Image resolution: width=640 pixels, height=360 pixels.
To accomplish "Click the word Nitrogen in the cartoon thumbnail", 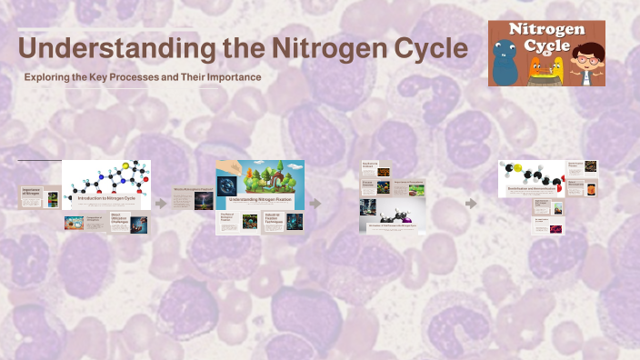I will (x=546, y=31).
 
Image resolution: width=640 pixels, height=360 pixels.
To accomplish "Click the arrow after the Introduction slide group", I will (x=161, y=204).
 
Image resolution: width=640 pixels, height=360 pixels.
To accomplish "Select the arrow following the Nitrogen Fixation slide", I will (x=315, y=204).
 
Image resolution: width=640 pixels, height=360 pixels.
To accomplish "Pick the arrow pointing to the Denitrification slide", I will (x=471, y=204).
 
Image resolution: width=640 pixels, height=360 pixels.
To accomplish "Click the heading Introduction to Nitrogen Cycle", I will (x=106, y=198).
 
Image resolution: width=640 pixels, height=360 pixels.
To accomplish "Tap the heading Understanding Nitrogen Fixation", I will (x=260, y=198).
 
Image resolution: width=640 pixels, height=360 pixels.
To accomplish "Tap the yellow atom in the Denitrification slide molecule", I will (x=515, y=166).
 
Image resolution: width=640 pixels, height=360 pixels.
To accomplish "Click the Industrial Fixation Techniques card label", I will (x=274, y=219).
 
